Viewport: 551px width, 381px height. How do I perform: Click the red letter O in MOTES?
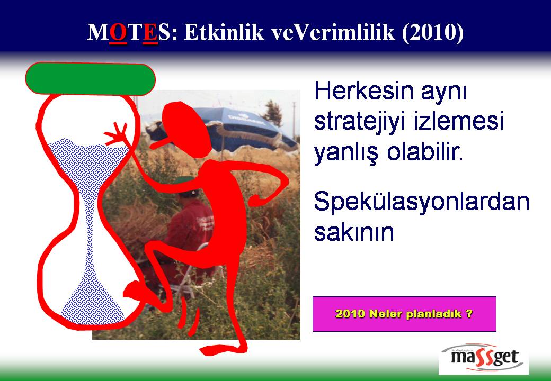118,33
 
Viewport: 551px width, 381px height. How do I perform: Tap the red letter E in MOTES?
150,33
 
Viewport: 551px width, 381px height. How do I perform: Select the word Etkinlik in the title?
224,32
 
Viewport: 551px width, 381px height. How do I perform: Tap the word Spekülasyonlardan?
422,202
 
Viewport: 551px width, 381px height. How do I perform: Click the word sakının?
354,232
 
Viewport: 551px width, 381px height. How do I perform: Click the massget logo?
484,358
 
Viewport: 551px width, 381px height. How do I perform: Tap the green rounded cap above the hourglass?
90,79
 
